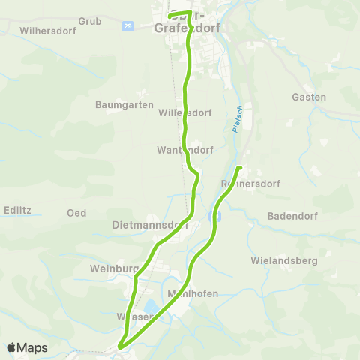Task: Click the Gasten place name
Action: tap(309, 97)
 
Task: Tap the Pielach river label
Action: tap(237, 118)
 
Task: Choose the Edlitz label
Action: tap(16, 210)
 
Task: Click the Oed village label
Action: tap(76, 213)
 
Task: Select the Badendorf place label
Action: tap(292, 216)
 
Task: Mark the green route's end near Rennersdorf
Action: tap(238, 167)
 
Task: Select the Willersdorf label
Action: tap(181, 113)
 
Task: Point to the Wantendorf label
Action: tap(185, 150)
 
